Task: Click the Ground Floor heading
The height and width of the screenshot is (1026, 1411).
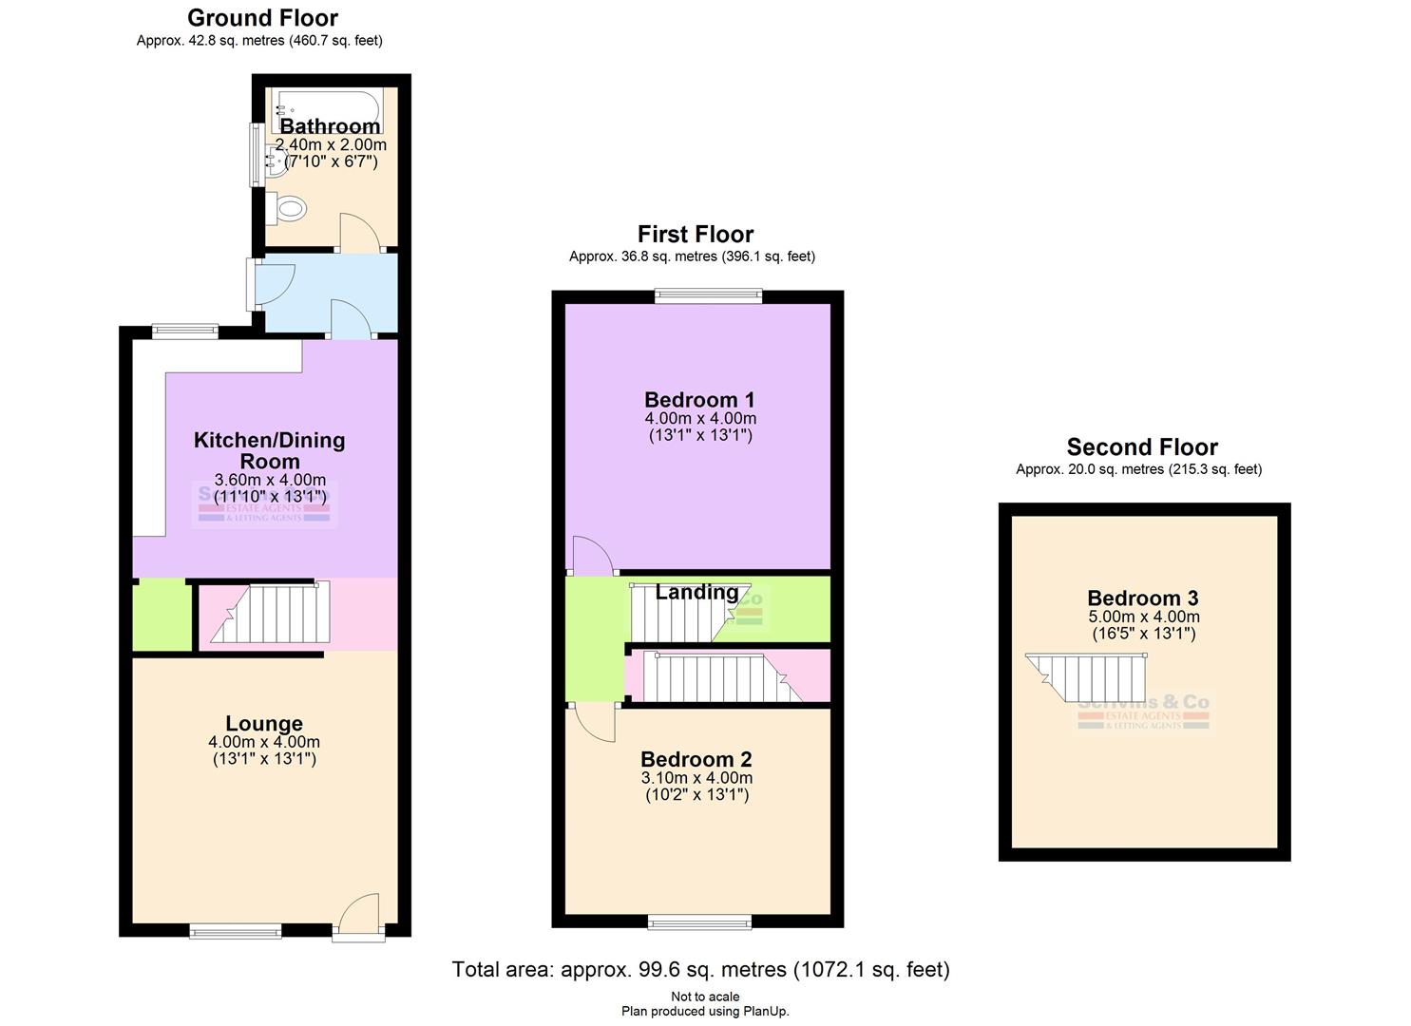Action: click(262, 17)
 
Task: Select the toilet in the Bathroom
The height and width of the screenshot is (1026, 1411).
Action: click(287, 207)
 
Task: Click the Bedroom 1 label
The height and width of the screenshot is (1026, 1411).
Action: click(699, 399)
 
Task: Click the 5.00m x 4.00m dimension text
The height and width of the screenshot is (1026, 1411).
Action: click(1143, 617)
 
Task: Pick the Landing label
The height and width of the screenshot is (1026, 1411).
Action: click(696, 592)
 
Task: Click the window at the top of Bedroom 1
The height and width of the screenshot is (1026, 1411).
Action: click(708, 296)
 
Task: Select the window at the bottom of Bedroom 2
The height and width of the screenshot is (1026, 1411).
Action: click(699, 921)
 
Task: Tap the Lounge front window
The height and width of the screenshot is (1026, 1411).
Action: click(235, 930)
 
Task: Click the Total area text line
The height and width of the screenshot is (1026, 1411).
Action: click(700, 969)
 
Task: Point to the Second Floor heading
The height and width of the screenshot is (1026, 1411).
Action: click(1141, 446)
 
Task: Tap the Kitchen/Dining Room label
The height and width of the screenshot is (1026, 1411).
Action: click(269, 450)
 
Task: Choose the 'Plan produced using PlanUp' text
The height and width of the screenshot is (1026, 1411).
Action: click(705, 1011)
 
